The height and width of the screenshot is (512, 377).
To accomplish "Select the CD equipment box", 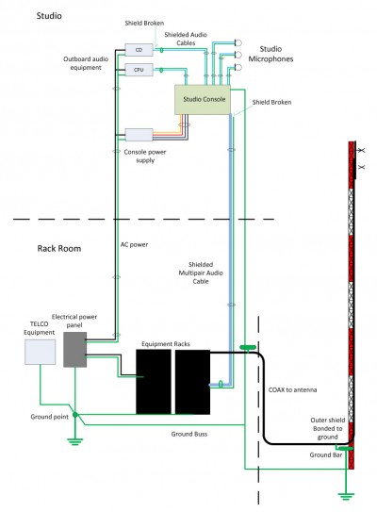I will point(138,48).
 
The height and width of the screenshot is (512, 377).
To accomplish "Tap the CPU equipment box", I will point(138,70).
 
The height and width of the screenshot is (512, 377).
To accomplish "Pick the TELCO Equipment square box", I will point(40,351).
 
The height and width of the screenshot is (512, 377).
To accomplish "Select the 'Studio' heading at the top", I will point(49,17).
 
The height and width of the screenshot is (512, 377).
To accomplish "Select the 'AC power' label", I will point(134,245).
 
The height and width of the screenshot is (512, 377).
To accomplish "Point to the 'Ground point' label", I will point(47,414).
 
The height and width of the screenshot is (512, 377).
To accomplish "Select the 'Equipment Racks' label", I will point(166,344).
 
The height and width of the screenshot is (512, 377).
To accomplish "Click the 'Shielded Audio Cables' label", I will point(187,38).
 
